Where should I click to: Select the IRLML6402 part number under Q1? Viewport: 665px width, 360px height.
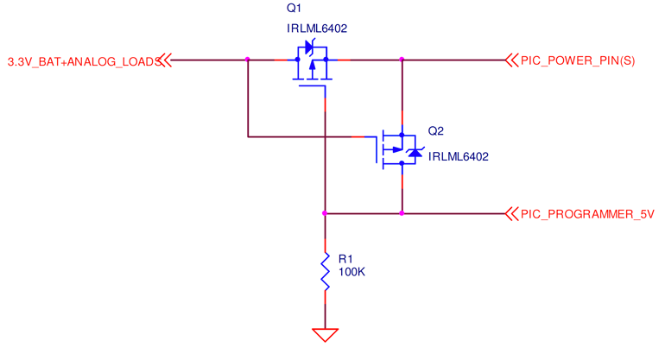click(316, 28)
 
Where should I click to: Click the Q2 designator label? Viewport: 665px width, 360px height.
click(435, 131)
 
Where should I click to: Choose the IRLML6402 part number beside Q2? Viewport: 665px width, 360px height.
click(458, 156)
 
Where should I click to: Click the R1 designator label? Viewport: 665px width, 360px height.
click(345, 258)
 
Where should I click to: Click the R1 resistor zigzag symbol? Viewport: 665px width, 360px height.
click(325, 271)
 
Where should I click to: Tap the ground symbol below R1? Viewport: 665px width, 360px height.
click(325, 334)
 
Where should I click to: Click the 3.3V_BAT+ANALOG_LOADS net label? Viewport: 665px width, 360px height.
click(81, 60)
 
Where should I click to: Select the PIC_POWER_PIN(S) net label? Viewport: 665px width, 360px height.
click(578, 60)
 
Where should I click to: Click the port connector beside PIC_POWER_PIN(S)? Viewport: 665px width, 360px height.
click(510, 60)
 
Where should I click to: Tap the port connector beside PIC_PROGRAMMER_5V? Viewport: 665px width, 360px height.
click(510, 212)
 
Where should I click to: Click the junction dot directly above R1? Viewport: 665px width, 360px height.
click(325, 212)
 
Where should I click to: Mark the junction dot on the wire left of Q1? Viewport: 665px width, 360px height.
click(247, 60)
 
